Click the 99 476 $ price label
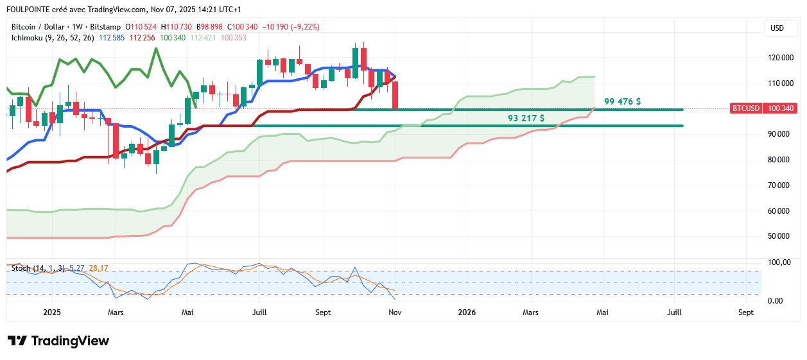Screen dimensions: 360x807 (621, 101)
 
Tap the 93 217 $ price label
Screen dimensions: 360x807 (526, 118)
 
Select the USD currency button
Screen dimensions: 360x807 (777, 28)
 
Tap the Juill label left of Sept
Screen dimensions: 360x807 (260, 313)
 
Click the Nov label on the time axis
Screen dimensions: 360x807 (395, 313)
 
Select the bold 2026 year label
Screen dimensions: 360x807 (467, 313)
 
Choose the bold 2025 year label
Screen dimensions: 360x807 (51, 313)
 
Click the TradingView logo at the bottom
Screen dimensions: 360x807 (58, 341)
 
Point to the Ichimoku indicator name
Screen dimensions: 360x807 (29, 38)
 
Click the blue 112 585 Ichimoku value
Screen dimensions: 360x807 (111, 38)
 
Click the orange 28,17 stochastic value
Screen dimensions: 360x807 (99, 268)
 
